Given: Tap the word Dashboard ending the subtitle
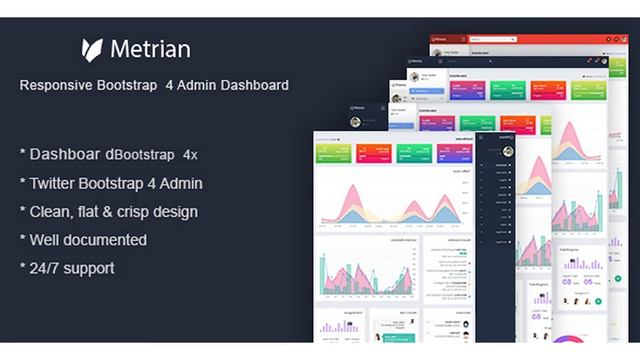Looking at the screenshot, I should click(x=251, y=86).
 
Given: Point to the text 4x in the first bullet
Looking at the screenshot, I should click(x=190, y=156).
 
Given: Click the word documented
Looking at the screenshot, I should click(x=106, y=240).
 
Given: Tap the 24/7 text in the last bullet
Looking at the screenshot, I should click(x=47, y=268).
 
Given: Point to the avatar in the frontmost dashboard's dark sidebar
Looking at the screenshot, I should click(x=508, y=151).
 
